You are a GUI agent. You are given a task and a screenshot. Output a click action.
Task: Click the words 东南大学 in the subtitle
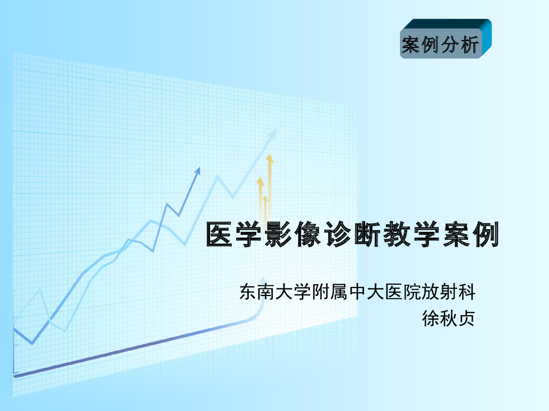pyautogui.click(x=270, y=292)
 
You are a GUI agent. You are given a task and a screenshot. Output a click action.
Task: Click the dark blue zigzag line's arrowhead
pyautogui.click(x=198, y=170)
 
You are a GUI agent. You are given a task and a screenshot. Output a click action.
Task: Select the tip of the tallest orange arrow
pyautogui.click(x=270, y=156)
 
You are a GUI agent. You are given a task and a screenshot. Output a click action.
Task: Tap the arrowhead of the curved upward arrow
pyautogui.click(x=262, y=280)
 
